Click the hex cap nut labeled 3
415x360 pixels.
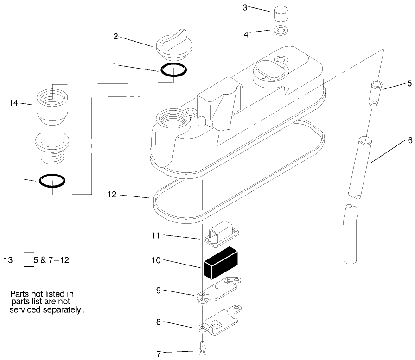point(280,14)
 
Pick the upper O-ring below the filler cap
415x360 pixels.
point(174,69)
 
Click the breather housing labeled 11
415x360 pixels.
point(220,234)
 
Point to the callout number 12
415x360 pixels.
point(112,196)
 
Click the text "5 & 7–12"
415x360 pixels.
point(51,260)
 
